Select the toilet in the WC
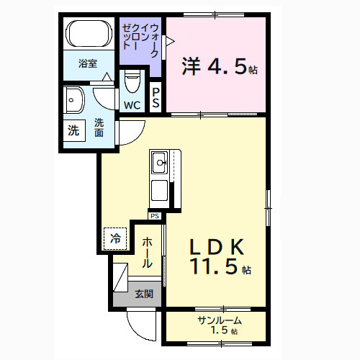132,83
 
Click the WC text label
132,105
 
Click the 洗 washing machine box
73,131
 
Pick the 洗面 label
99,127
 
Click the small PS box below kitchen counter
155,215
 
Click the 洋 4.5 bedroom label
214,67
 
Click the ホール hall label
146,253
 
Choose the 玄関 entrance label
143,294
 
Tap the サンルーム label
218,320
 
